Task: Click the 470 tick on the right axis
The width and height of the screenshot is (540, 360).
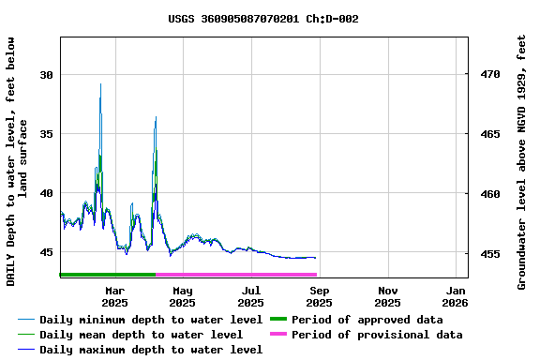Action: [490, 74]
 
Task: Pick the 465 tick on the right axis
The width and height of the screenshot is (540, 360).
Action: [490, 134]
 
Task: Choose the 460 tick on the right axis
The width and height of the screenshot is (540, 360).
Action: [490, 194]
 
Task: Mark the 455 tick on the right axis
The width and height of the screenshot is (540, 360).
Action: [490, 253]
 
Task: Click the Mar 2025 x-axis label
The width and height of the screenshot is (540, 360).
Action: [114, 296]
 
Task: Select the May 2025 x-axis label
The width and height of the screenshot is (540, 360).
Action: [183, 296]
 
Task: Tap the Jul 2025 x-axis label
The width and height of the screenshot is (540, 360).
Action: [251, 296]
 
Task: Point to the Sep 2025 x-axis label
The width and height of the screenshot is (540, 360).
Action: [319, 296]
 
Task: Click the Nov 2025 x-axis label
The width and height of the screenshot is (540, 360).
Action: [387, 296]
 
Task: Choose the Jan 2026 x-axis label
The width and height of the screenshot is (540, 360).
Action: [456, 296]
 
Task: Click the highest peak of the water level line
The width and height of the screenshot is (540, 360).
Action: [100, 84]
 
